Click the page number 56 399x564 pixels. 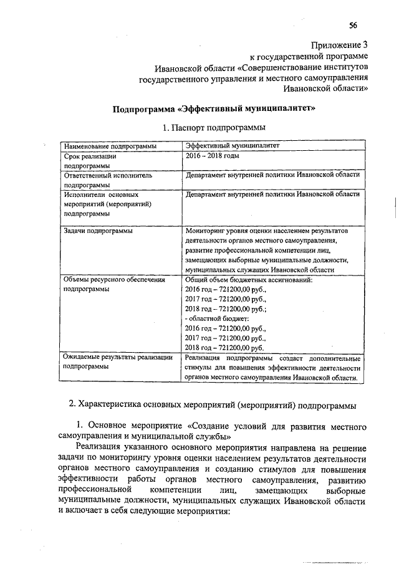(x=353, y=25)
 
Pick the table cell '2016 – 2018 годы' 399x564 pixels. (x=212, y=156)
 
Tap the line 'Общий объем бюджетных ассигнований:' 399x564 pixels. (x=249, y=280)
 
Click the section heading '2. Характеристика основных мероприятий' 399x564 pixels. (x=212, y=406)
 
